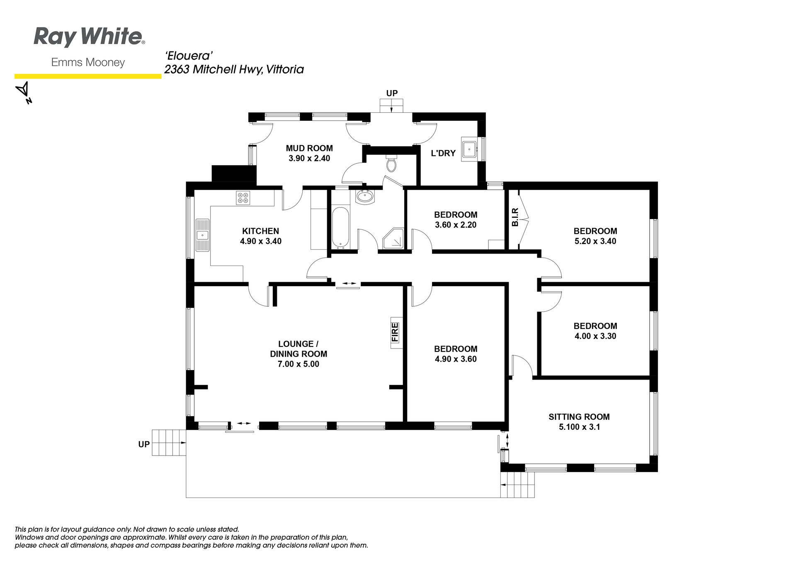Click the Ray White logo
coord(89,37)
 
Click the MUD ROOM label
coord(309,148)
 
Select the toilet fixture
coord(391,164)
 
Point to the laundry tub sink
coord(469,148)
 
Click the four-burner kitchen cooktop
coord(243,197)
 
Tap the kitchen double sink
coord(203,235)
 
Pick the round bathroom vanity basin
coord(365,197)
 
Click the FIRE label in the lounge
coord(395,332)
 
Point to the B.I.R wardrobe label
coord(515,217)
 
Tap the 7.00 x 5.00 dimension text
coord(298,364)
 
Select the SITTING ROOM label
coord(579,417)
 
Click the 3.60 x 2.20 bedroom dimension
coord(456,224)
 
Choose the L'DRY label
coord(443,153)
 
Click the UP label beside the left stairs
coord(144,444)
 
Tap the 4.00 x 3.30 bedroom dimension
coord(595,336)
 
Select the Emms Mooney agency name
coord(88,63)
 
